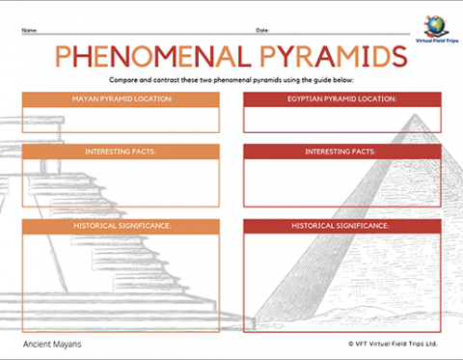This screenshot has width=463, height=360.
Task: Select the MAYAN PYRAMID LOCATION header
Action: coord(122,98)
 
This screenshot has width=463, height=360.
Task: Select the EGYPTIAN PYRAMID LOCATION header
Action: coord(341,98)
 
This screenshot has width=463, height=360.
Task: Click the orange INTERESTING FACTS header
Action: coord(122,152)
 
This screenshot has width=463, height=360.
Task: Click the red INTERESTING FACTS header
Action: coord(341,152)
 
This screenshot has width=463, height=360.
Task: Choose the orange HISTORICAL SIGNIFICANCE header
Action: coord(122,225)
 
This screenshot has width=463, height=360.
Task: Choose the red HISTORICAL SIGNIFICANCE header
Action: coord(341,225)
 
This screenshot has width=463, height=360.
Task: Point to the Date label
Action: coord(261,30)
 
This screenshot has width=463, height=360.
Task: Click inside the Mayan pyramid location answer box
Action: coord(122,118)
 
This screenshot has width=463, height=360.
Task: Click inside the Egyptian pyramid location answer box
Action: coord(341,118)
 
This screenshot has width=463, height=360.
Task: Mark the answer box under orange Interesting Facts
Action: coord(122,182)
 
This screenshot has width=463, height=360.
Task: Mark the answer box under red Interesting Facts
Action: coord(341,182)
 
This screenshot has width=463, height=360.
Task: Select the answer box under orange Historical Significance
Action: coord(122,275)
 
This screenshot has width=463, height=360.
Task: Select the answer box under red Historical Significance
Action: coord(341,275)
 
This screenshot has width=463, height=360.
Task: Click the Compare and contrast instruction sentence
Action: coord(231,80)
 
